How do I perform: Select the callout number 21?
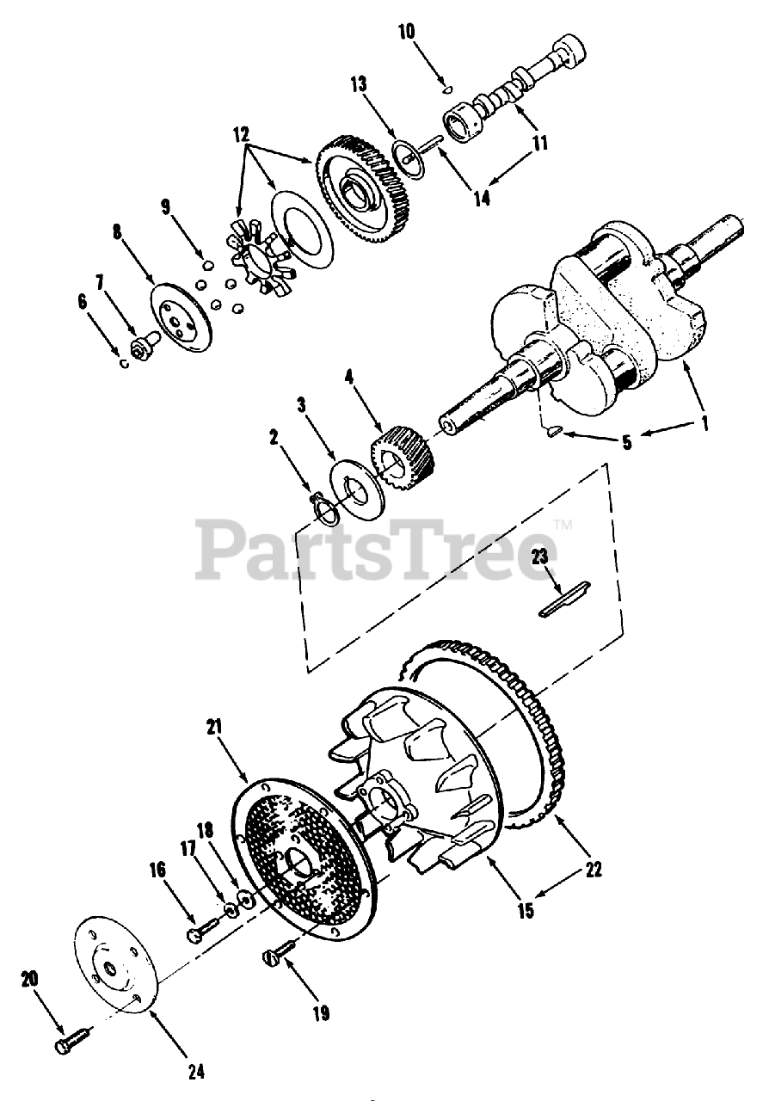[x=213, y=727]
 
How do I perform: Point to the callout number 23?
[x=540, y=557]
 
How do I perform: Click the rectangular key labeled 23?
[x=564, y=600]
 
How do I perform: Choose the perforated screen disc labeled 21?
[x=305, y=856]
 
